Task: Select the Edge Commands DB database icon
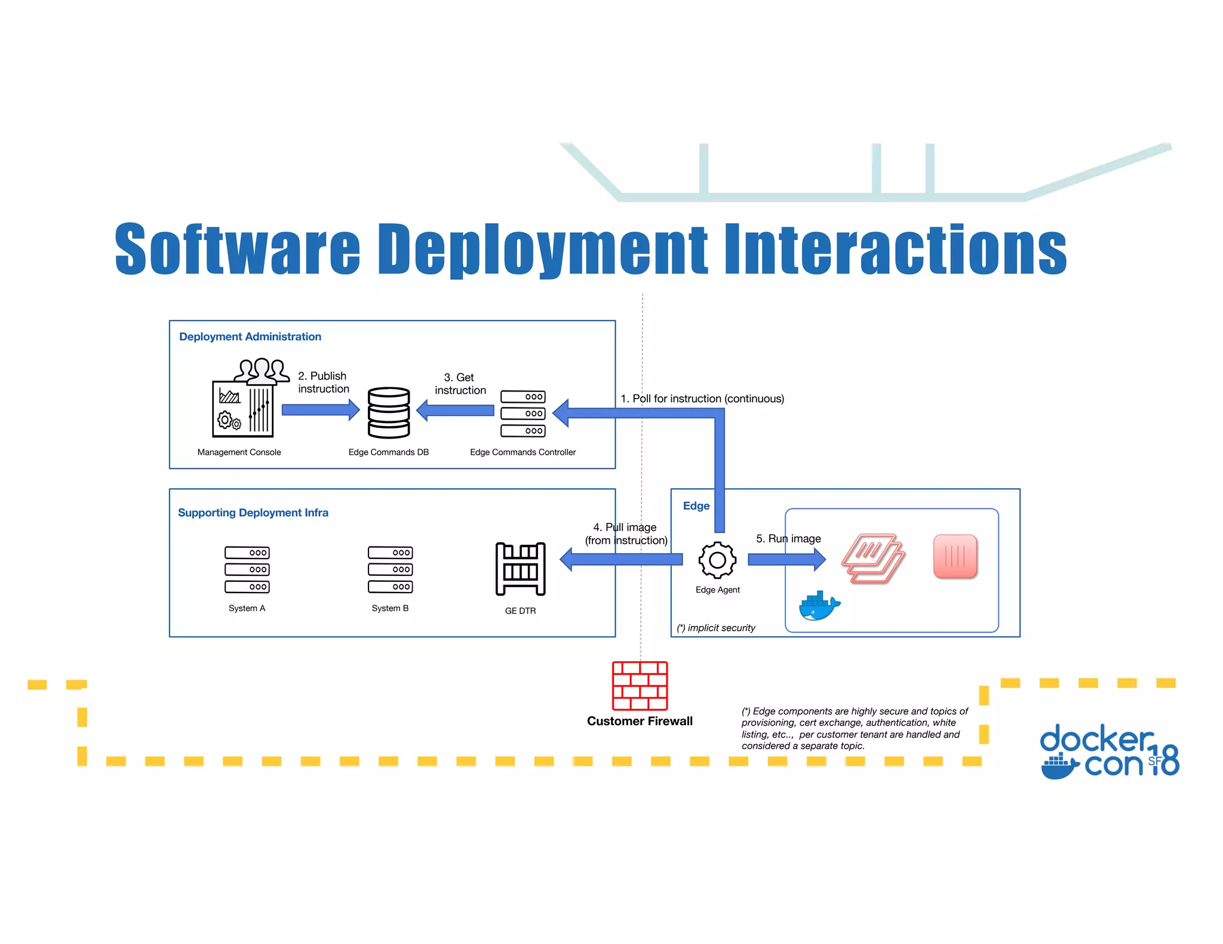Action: tap(389, 412)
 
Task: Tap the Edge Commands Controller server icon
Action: tap(523, 414)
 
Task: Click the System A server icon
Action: tap(247, 570)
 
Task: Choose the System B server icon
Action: tap(390, 570)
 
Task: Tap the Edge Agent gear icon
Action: tap(717, 560)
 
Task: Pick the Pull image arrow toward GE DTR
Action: tap(621, 559)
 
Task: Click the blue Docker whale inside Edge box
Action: tap(819, 607)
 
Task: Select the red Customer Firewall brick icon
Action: tap(640, 686)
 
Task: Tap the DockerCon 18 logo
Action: tap(1109, 751)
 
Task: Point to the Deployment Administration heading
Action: tap(250, 337)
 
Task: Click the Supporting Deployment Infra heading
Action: tap(253, 513)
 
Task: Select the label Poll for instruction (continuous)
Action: tap(702, 399)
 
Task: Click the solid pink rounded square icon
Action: tap(955, 556)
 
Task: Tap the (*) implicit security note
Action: tap(716, 628)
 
